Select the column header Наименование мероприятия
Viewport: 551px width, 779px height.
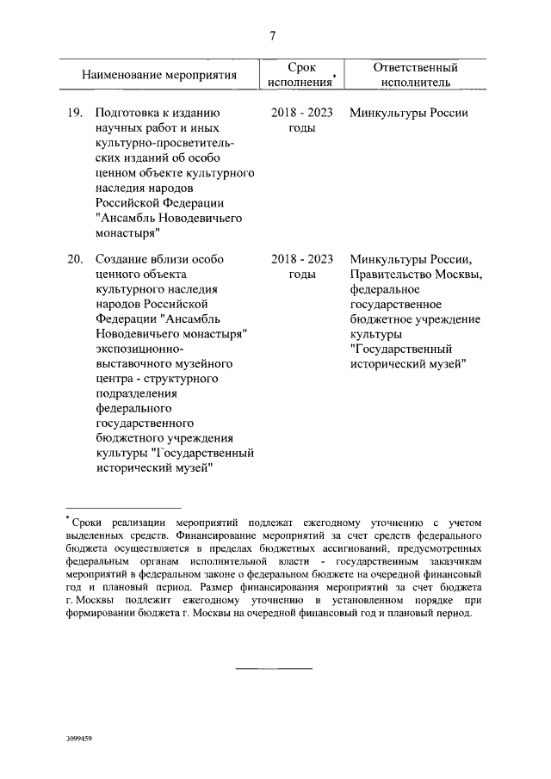tap(159, 76)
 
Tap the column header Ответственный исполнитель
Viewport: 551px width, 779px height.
tap(416, 75)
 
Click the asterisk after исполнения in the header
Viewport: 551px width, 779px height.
tap(334, 77)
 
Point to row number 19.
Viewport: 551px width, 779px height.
tap(74, 114)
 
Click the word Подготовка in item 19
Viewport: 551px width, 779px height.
tap(131, 114)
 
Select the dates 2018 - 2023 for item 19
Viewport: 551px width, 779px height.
tap(301, 114)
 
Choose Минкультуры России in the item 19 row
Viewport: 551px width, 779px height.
tap(409, 114)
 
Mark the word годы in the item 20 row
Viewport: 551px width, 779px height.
tap(302, 274)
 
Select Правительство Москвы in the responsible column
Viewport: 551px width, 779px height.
tap(417, 274)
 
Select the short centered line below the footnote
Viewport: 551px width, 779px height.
tap(274, 667)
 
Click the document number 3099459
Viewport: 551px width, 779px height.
tap(78, 739)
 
